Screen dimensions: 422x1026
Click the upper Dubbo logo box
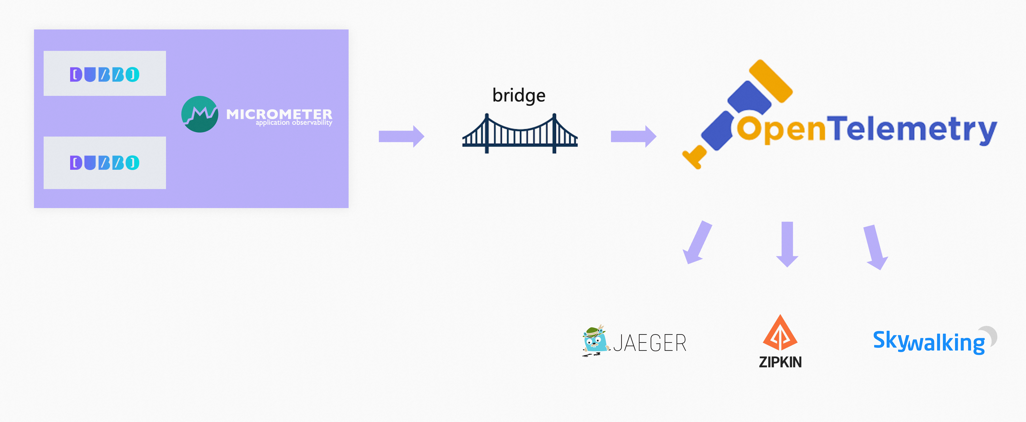[104, 74]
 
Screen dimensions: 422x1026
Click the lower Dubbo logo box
[104, 163]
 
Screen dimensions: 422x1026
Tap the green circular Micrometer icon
[199, 114]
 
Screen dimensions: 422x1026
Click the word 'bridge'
[519, 95]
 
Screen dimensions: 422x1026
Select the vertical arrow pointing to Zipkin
[787, 243]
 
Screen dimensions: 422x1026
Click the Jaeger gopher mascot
[595, 340]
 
